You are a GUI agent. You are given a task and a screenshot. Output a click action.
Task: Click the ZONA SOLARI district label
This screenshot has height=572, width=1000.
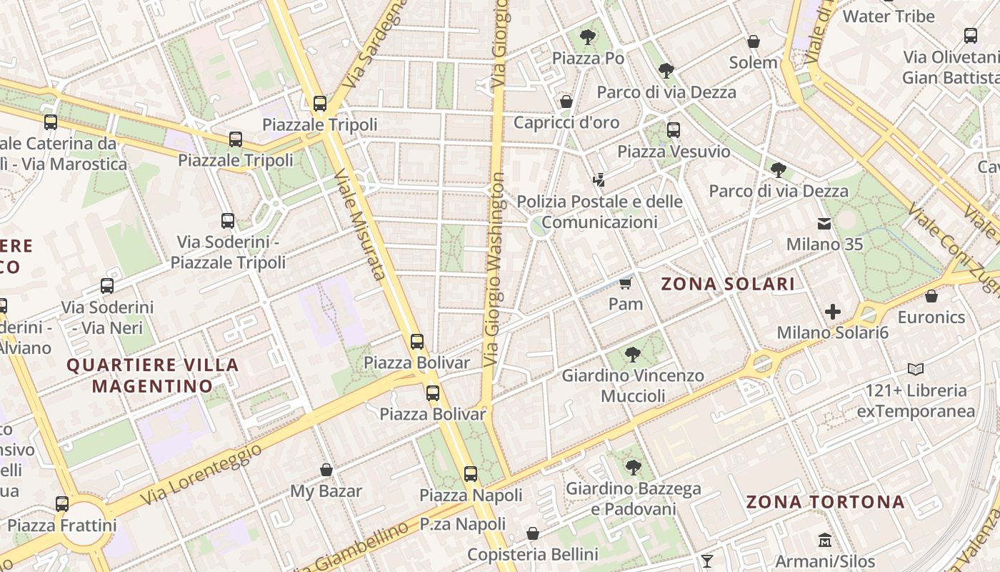(x=727, y=284)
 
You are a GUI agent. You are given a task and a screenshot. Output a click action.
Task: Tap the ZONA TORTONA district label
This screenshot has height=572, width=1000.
(x=825, y=501)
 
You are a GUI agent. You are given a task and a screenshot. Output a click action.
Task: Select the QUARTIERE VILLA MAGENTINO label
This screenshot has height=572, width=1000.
(x=153, y=375)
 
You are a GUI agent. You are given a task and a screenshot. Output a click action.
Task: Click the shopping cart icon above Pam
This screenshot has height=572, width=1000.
(x=626, y=283)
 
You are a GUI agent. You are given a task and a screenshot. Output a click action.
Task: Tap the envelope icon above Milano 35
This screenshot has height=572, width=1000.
(x=824, y=224)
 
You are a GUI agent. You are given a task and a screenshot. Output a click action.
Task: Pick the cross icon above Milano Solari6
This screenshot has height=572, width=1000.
(x=832, y=312)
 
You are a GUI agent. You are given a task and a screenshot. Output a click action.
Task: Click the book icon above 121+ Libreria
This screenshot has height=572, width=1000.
(x=916, y=369)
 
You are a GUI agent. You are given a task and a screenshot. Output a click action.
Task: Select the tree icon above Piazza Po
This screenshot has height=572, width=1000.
(x=588, y=36)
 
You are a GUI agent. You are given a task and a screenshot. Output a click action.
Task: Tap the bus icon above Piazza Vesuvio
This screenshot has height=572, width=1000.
(x=674, y=130)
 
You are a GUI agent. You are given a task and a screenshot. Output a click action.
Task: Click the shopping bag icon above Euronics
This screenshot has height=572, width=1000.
(x=931, y=296)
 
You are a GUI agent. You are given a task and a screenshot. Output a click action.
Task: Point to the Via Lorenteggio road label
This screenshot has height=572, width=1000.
(x=201, y=473)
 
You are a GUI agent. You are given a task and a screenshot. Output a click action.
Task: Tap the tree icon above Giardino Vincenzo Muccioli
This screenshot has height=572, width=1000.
(x=632, y=354)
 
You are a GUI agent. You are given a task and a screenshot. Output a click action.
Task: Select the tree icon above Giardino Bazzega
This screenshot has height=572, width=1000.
(x=633, y=468)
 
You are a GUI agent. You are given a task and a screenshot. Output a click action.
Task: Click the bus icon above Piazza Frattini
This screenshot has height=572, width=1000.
(x=62, y=504)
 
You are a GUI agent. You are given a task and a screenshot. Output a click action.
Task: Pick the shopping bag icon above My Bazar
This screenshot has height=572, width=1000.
(x=326, y=470)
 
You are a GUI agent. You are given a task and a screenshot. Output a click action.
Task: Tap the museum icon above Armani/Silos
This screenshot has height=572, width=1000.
(x=825, y=540)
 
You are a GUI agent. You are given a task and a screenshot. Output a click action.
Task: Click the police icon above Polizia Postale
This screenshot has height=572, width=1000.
(x=599, y=179)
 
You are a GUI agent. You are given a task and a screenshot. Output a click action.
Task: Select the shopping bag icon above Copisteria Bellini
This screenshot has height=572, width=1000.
(x=532, y=533)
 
